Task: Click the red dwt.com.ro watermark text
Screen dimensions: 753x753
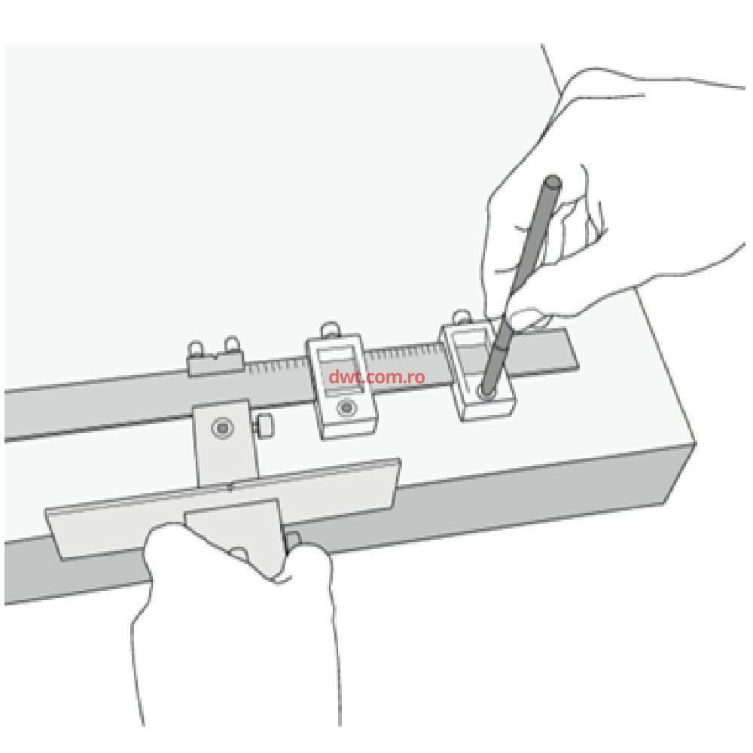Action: [x=377, y=376]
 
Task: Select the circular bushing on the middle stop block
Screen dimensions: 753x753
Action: [x=346, y=408]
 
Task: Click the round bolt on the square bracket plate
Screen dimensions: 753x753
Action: [x=222, y=427]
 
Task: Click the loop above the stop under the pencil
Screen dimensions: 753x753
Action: [x=462, y=316]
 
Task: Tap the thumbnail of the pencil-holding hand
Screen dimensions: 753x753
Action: [x=529, y=319]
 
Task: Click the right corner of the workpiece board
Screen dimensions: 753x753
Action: [x=694, y=443]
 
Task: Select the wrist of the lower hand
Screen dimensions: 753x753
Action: [x=235, y=682]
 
